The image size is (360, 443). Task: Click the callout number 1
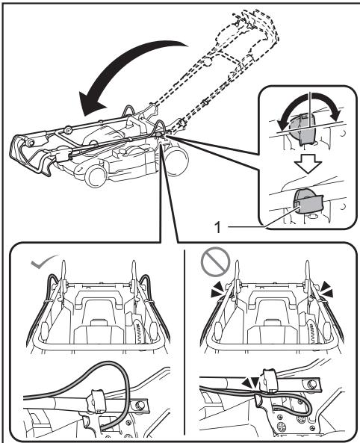coord(217,227)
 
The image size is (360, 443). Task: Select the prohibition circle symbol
coord(215,262)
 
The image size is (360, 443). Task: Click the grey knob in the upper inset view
coord(302,128)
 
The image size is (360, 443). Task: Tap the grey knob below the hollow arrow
coord(309,201)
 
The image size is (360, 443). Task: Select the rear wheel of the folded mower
coord(176,159)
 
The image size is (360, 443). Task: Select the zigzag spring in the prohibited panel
coord(313,329)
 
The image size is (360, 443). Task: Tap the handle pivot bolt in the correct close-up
coord(139,406)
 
